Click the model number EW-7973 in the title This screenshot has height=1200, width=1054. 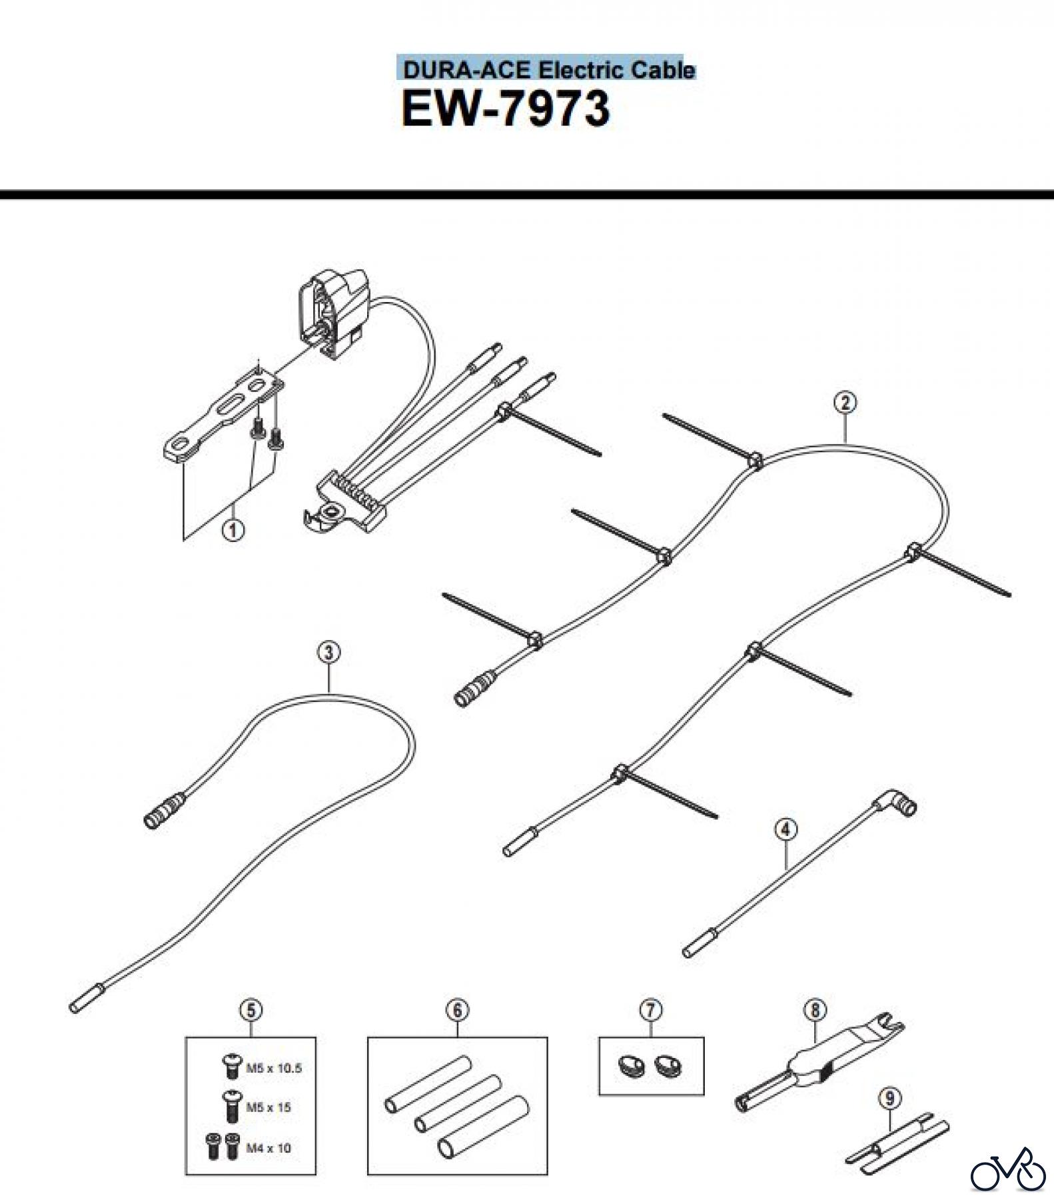pyautogui.click(x=505, y=109)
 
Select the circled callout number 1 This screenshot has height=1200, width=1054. pyautogui.click(x=233, y=531)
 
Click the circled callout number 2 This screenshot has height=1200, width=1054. pyautogui.click(x=845, y=403)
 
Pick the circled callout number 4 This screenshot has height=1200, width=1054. pyautogui.click(x=786, y=830)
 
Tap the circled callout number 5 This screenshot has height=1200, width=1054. pyautogui.click(x=251, y=1011)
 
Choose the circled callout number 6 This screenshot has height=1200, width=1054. pyautogui.click(x=457, y=1011)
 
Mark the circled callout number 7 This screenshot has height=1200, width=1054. pyautogui.click(x=651, y=1011)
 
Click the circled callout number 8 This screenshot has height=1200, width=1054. pyautogui.click(x=815, y=1011)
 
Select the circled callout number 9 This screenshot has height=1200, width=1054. pyautogui.click(x=891, y=1098)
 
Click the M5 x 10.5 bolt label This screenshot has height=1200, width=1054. pyautogui.click(x=274, y=1068)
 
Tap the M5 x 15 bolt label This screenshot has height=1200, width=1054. pyautogui.click(x=268, y=1107)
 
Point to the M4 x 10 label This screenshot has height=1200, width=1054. pyautogui.click(x=268, y=1148)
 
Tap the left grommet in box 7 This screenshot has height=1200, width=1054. pyautogui.click(x=630, y=1067)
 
